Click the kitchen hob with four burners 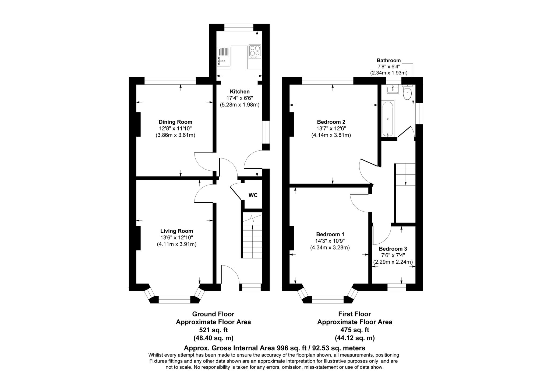pyautogui.click(x=255, y=52)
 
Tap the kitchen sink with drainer pyautogui.click(x=224, y=57)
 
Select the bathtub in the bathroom pyautogui.click(x=388, y=119)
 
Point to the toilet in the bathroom pyautogui.click(x=407, y=92)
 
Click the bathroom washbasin pyautogui.click(x=393, y=89)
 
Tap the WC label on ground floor pyautogui.click(x=253, y=195)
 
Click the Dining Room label pyautogui.click(x=175, y=122)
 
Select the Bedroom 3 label pyautogui.click(x=393, y=249)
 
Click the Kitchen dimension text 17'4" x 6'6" pyautogui.click(x=239, y=98)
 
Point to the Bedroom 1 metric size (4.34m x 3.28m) pyautogui.click(x=330, y=247)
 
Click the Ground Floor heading pyautogui.click(x=213, y=314)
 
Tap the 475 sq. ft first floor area pyautogui.click(x=355, y=330)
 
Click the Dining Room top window pyautogui.click(x=170, y=81)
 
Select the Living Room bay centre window pyautogui.click(x=175, y=299)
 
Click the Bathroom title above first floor pyautogui.click(x=388, y=60)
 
